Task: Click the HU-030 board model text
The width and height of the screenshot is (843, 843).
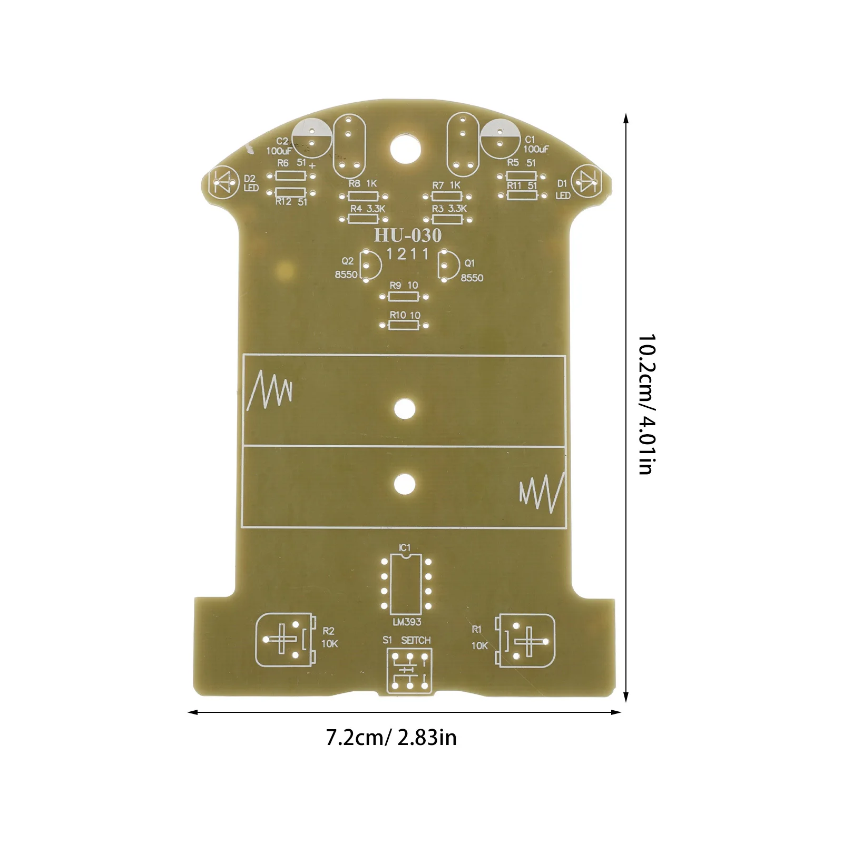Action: point(407,235)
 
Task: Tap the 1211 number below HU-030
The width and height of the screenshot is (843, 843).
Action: point(408,254)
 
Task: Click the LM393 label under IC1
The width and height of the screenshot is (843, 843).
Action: point(407,622)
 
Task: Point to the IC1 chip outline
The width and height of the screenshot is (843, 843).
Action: point(406,584)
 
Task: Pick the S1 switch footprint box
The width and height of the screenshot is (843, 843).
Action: point(409,671)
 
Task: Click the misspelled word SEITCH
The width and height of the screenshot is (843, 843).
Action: point(416,640)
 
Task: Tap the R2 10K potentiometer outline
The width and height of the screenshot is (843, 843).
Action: point(286,640)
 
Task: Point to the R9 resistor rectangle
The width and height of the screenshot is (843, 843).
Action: point(404,297)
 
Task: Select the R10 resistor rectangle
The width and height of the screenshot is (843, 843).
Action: point(404,325)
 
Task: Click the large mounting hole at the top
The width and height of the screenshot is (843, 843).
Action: point(406,149)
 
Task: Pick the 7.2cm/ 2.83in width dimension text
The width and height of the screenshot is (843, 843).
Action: point(391,737)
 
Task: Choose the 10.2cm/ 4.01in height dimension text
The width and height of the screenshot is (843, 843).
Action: point(646,404)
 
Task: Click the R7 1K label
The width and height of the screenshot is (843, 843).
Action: point(446,185)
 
